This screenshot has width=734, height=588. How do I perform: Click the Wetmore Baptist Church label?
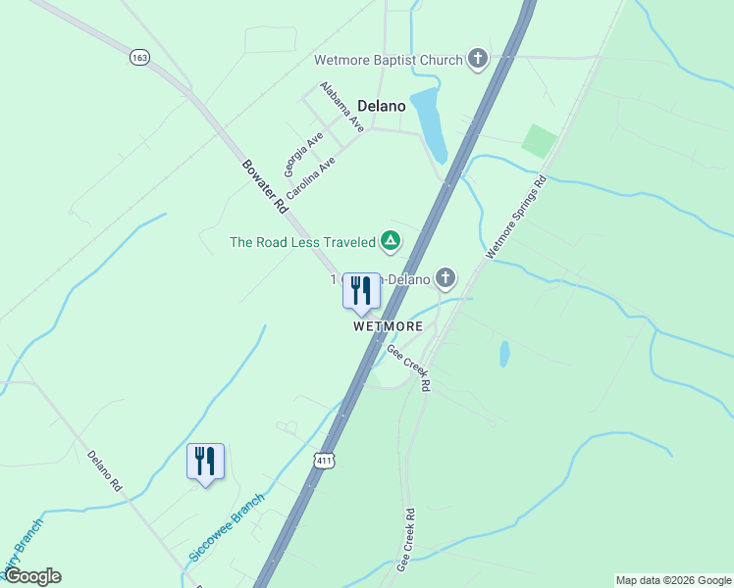[388, 60]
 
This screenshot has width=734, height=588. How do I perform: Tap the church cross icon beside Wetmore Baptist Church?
[478, 60]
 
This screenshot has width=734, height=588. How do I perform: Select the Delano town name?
[382, 105]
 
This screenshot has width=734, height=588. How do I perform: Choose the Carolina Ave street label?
[311, 177]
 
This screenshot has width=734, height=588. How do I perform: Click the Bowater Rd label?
[264, 185]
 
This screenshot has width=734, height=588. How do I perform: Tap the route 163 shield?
[139, 59]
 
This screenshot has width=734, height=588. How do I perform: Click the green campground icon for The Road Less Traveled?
[391, 241]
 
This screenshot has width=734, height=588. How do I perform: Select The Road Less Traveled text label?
[302, 242]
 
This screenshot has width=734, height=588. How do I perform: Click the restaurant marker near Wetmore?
[361, 291]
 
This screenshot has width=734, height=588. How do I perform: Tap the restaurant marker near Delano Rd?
[205, 462]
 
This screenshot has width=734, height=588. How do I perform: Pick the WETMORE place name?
[389, 326]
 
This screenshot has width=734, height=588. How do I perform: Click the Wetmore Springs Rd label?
[516, 218]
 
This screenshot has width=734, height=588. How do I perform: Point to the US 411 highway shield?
[326, 460]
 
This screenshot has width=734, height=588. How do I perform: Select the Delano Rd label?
[104, 470]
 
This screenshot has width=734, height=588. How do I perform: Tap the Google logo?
[32, 576]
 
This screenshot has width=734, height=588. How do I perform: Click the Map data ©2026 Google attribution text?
[673, 580]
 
